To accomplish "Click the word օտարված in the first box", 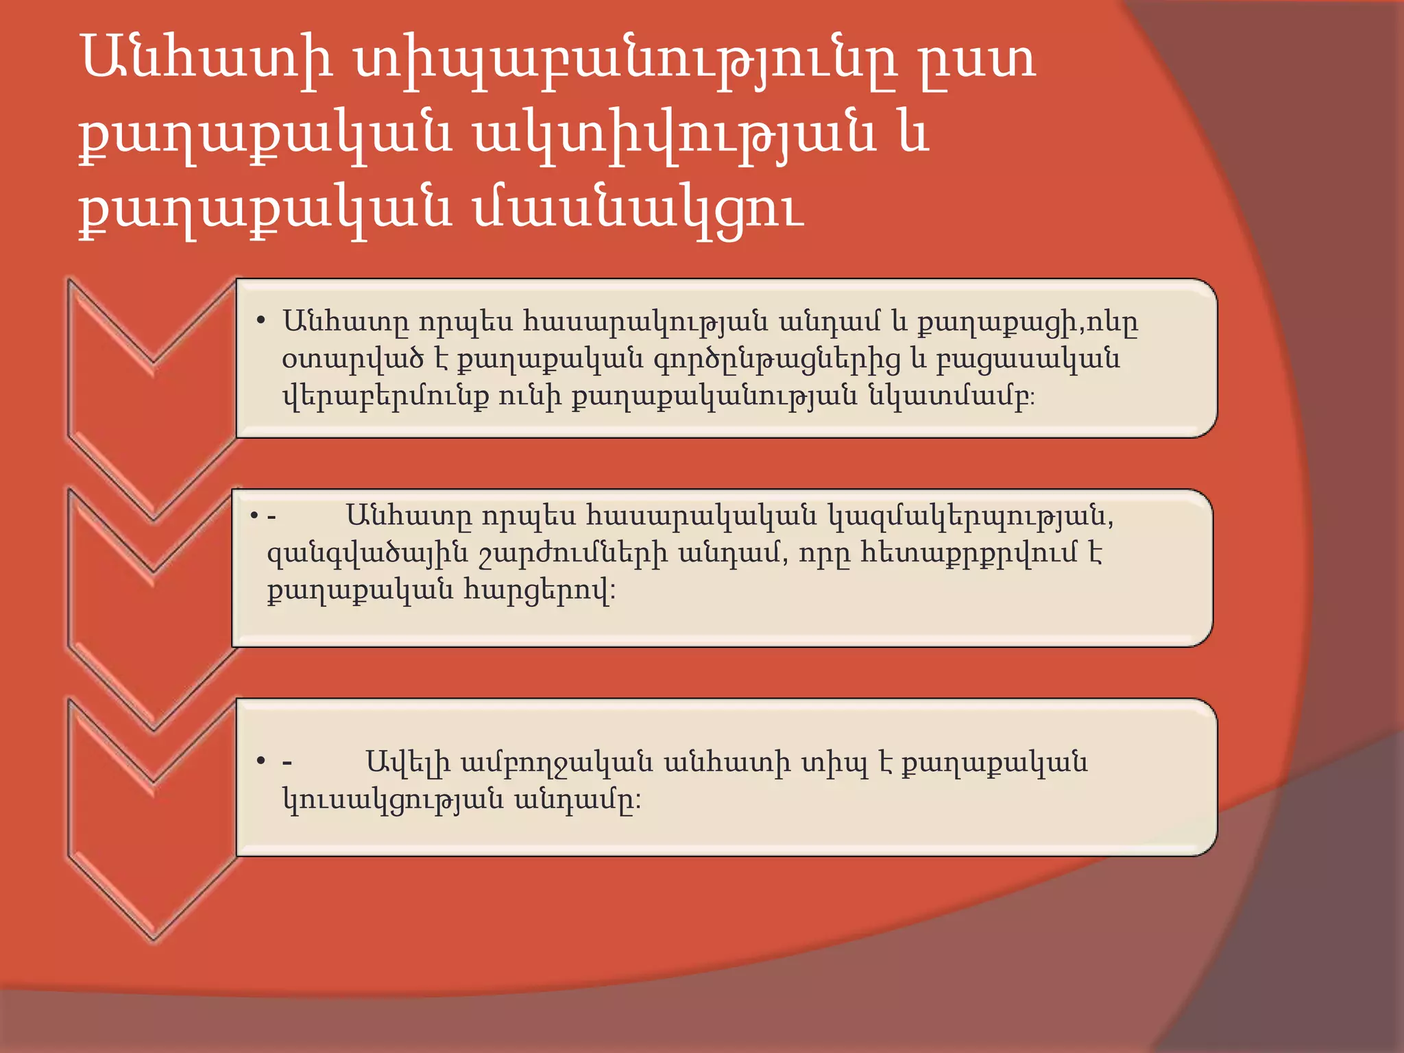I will click(x=353, y=359).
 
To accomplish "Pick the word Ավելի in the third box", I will click(x=408, y=762).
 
